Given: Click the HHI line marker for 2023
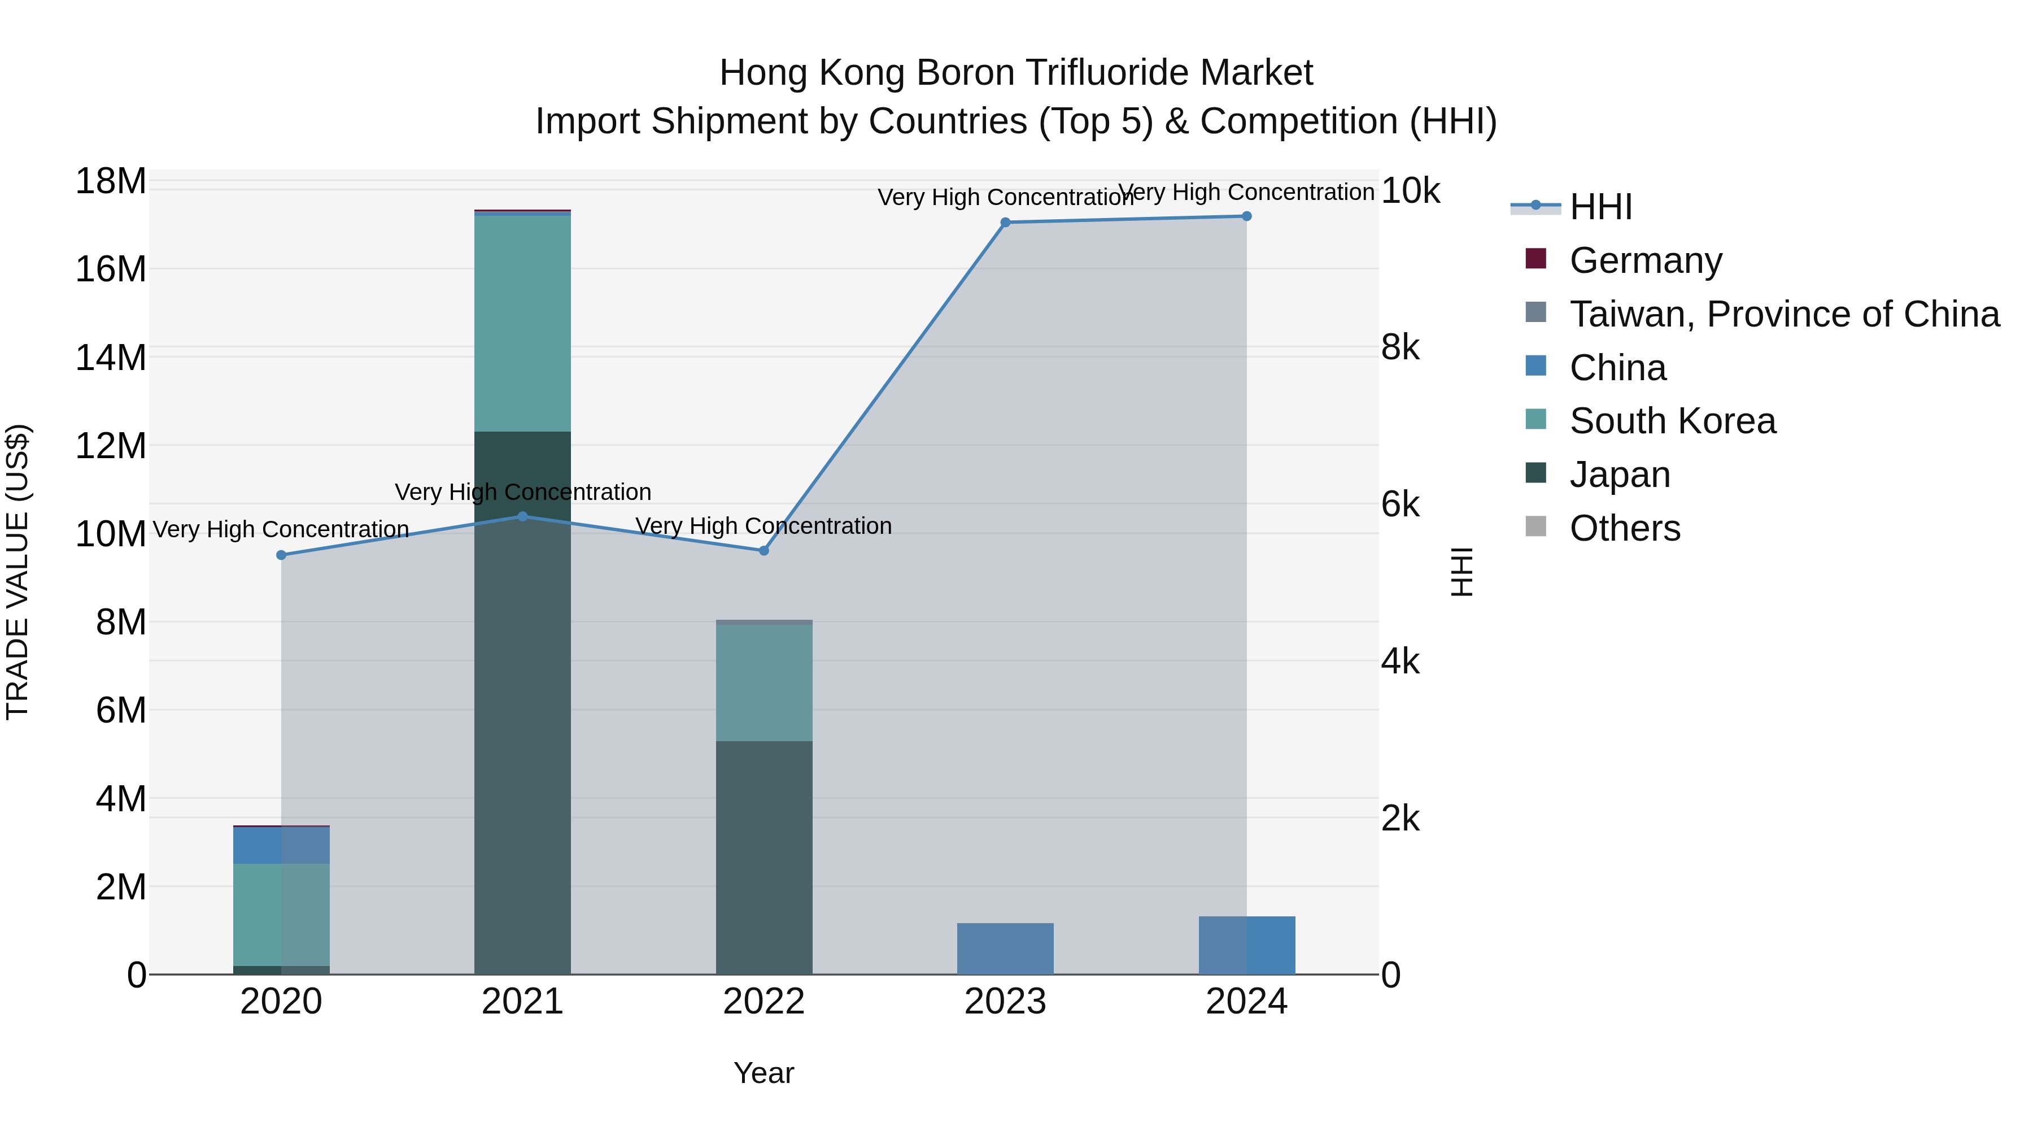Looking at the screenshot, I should pyautogui.click(x=1005, y=223).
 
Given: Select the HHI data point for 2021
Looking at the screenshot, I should pyautogui.click(x=522, y=516).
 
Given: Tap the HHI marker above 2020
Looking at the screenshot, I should pyautogui.click(x=281, y=555).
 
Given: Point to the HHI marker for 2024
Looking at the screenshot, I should pyautogui.click(x=1246, y=216).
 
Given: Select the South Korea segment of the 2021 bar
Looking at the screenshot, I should pyautogui.click(x=522, y=324).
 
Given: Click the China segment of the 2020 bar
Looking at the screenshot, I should pyautogui.click(x=281, y=845).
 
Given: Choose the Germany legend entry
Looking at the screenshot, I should pyautogui.click(x=1646, y=260).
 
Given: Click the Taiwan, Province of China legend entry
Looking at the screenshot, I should pyautogui.click(x=1783, y=314).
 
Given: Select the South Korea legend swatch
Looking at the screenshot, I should pyautogui.click(x=1536, y=419).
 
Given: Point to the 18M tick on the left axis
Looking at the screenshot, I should pyautogui.click(x=111, y=181).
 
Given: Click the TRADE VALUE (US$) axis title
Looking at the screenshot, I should pyautogui.click(x=18, y=572).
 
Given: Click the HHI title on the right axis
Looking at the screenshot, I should pyautogui.click(x=1462, y=572).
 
